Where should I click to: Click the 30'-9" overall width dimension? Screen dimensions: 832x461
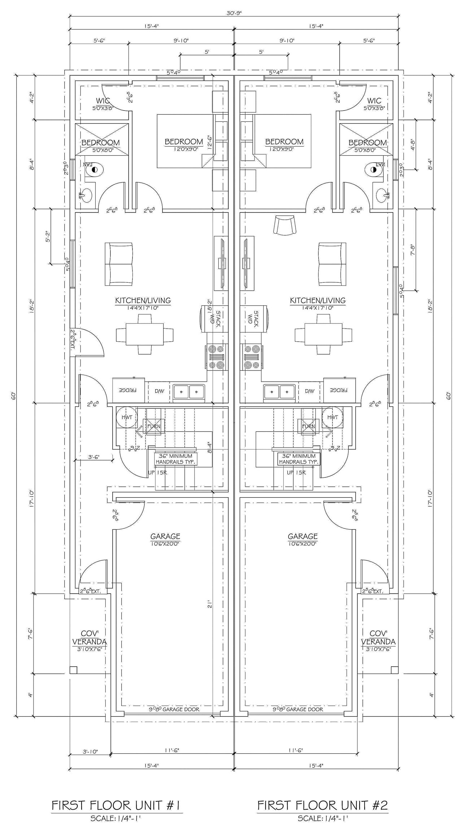(x=234, y=13)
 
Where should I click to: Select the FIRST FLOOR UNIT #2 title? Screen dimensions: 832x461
(x=322, y=805)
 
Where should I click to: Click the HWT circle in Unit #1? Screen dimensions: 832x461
(x=127, y=417)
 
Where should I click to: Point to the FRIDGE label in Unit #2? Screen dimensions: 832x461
(x=339, y=390)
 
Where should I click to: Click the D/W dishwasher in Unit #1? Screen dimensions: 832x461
(x=159, y=391)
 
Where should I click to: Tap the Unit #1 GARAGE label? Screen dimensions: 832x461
(x=165, y=536)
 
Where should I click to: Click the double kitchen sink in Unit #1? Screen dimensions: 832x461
(x=189, y=391)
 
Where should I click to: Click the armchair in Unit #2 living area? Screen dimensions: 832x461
(x=285, y=225)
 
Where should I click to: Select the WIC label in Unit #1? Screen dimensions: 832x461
(x=103, y=101)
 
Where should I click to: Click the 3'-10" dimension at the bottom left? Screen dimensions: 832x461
(x=90, y=752)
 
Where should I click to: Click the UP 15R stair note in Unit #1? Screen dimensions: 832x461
(x=158, y=472)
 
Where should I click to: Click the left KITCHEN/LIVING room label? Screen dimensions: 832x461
(x=143, y=300)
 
